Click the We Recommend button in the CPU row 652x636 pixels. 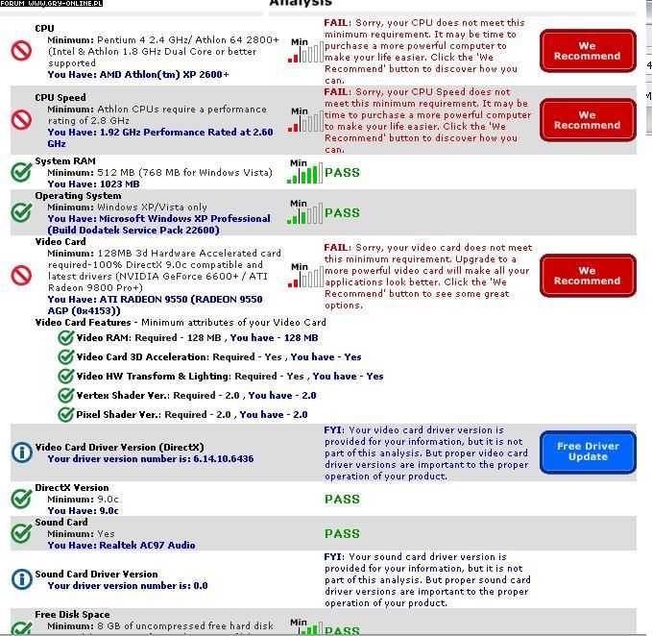point(587,50)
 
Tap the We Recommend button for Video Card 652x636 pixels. point(587,276)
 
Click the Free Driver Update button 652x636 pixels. point(588,452)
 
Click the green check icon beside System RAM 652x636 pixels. point(21,172)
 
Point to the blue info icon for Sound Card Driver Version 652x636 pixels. point(21,579)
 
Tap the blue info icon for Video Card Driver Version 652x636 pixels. point(21,452)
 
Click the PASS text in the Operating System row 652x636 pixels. point(342,213)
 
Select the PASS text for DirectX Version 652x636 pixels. point(342,499)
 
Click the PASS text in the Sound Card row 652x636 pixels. point(342,533)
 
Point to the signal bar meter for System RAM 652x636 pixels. point(304,173)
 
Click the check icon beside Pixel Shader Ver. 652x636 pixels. point(65,414)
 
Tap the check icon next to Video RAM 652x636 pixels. point(65,337)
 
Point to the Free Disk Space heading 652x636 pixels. point(72,615)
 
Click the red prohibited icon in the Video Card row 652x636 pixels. point(21,276)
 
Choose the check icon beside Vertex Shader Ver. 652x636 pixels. point(65,395)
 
